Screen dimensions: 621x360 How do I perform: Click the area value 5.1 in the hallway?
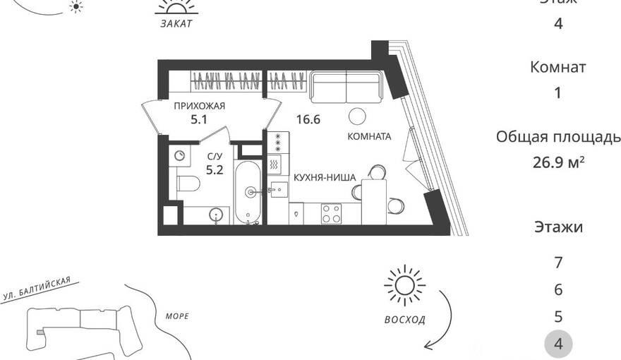point(199,119)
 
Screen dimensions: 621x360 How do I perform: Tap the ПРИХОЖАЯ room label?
point(200,106)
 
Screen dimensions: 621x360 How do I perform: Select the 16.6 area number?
point(308,119)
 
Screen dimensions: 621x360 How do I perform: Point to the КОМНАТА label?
point(369,137)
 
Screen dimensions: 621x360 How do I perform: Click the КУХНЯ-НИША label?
point(325,178)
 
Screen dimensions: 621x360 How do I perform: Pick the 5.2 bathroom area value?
point(215,170)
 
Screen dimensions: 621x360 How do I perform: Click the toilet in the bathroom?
point(188,184)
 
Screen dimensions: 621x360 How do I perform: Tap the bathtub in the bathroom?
point(248,193)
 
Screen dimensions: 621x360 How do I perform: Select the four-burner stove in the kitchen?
point(331,213)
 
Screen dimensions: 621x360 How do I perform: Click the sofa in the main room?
point(346,87)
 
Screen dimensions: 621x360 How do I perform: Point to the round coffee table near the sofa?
point(358,116)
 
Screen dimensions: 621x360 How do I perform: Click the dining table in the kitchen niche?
point(374,201)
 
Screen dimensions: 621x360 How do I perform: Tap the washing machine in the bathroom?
point(180,155)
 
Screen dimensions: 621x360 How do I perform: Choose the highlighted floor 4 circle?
point(558,344)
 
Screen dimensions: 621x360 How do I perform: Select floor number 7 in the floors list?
point(558,262)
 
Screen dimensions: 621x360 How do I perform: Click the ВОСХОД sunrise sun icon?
point(405,286)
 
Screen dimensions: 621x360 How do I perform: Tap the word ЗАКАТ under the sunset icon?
point(176,24)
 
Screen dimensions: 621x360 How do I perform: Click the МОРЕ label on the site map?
point(177,316)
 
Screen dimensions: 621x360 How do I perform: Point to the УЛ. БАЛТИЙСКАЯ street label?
point(37,288)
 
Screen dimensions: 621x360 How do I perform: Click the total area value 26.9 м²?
point(558,162)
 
